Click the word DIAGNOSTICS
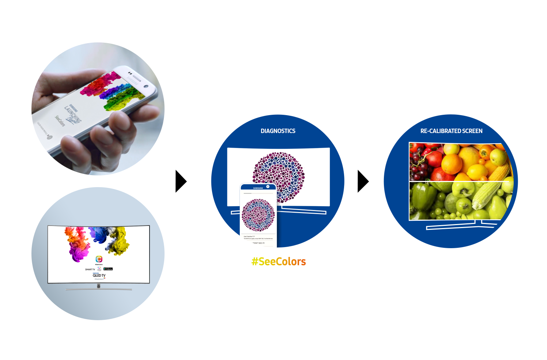point(278,131)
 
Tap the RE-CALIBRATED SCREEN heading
point(451,131)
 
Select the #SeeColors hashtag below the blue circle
point(279,262)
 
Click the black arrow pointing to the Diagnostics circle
point(181,181)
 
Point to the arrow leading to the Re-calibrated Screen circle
point(363,181)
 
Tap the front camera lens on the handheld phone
point(146,86)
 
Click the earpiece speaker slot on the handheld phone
point(136,77)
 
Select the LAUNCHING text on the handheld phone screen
point(73,113)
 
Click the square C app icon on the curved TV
point(99,259)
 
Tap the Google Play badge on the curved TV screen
point(108,269)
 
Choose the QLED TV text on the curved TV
point(99,276)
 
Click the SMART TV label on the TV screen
point(90,269)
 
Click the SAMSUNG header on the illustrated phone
point(258,188)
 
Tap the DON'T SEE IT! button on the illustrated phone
point(259,243)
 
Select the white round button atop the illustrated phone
point(268,187)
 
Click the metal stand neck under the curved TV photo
point(98,286)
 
